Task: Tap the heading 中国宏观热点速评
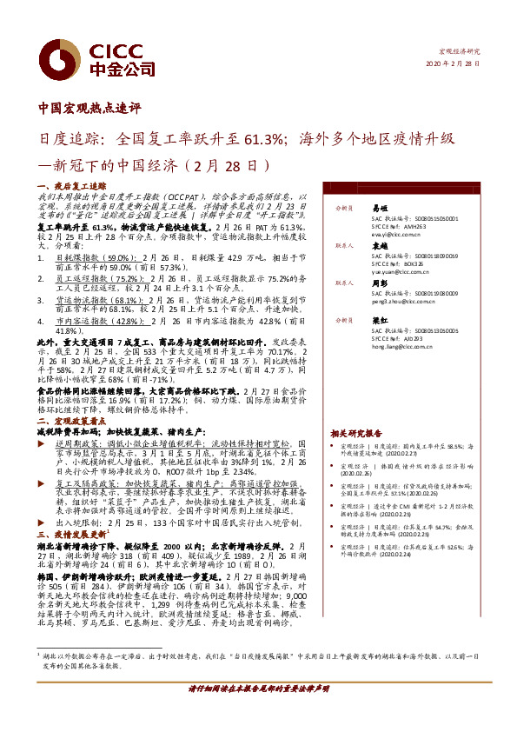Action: tap(89, 110)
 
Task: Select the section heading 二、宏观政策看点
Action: tap(71, 420)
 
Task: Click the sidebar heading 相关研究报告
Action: tap(355, 433)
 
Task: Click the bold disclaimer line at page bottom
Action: tap(258, 712)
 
